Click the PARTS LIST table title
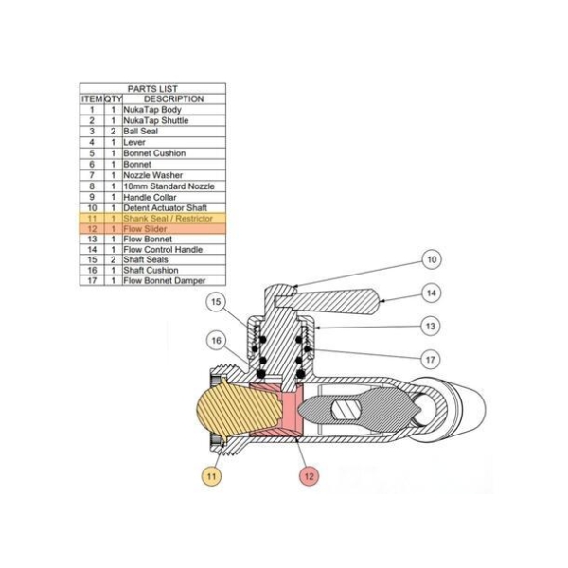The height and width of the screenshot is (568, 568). point(152,89)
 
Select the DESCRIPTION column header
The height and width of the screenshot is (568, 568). point(174,98)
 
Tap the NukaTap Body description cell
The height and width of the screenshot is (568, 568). point(152,110)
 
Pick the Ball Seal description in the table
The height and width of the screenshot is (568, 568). point(140,132)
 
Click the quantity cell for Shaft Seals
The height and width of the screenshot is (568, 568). point(113,259)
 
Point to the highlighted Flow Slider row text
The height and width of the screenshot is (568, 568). point(145,229)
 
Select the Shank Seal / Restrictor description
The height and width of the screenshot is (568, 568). point(168,219)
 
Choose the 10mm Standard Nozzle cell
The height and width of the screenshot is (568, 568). point(169,186)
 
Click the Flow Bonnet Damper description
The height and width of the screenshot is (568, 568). point(164,281)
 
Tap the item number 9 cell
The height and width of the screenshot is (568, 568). point(92,197)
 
